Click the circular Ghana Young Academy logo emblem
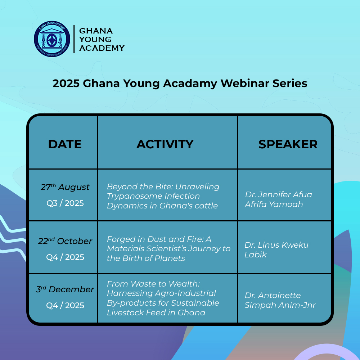(x=52, y=39)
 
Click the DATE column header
(x=65, y=144)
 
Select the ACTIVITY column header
(x=165, y=144)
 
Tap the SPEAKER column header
(x=288, y=144)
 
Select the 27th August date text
(x=65, y=187)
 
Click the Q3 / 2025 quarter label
(x=65, y=203)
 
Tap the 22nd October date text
(x=65, y=241)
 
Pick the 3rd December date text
(x=65, y=289)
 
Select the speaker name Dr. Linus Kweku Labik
(x=276, y=249)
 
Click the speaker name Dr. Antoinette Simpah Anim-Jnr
(x=280, y=300)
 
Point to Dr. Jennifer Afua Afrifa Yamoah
(x=278, y=199)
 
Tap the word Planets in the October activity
(x=170, y=258)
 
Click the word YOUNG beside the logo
(x=95, y=39)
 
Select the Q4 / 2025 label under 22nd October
(x=65, y=257)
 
